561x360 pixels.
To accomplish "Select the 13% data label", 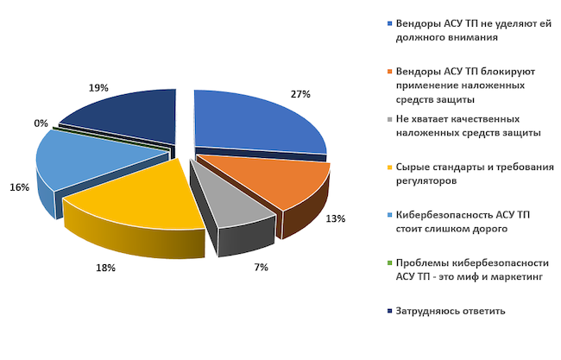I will pos(336,219).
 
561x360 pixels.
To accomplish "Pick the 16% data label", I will pos(20,187).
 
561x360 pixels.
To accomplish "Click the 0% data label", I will pos(41,123).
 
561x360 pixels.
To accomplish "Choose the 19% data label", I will pos(98,88).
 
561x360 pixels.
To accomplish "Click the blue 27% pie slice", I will pos(255,121).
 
